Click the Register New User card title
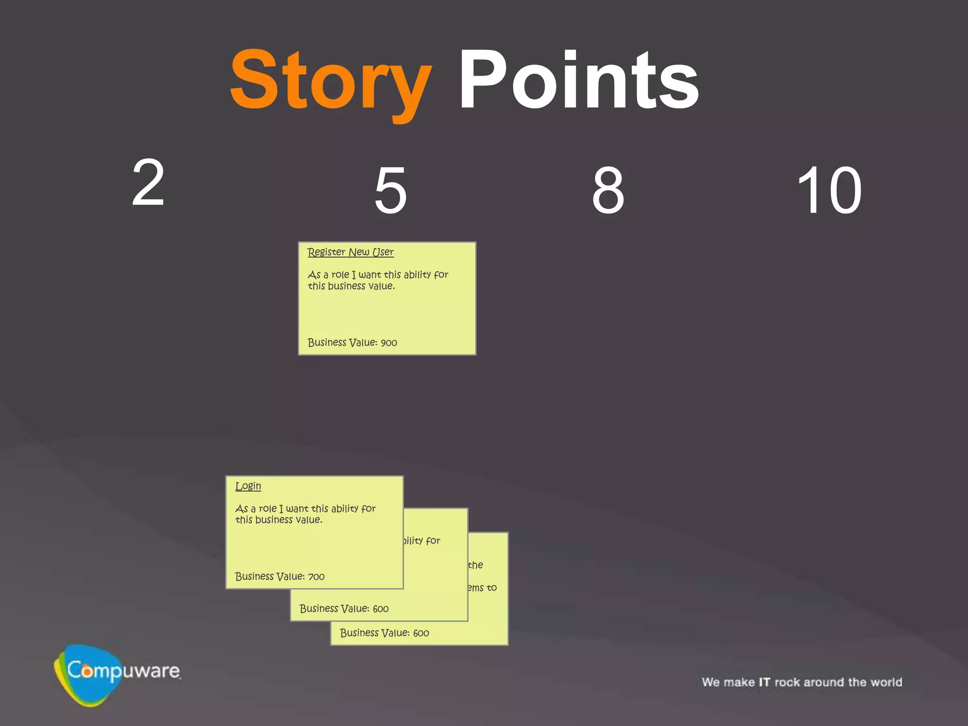pyautogui.click(x=350, y=252)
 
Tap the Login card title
pyautogui.click(x=248, y=486)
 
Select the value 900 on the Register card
pyautogui.click(x=389, y=343)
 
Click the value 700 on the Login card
pyautogui.click(x=316, y=577)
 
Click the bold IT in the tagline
pyautogui.click(x=764, y=683)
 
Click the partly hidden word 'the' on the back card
pyautogui.click(x=476, y=565)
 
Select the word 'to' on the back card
pyautogui.click(x=492, y=588)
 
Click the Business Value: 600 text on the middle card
pyautogui.click(x=344, y=609)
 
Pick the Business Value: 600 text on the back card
pyautogui.click(x=384, y=633)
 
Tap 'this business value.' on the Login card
pyautogui.click(x=279, y=520)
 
